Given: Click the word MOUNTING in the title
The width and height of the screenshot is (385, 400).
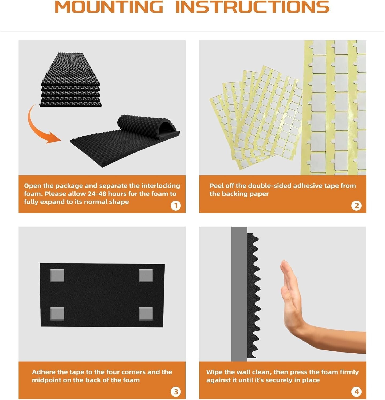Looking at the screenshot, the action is (109, 7).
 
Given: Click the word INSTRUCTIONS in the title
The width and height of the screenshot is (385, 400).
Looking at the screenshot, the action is (253, 7).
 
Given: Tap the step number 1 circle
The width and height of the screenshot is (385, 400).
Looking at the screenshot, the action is (176, 206).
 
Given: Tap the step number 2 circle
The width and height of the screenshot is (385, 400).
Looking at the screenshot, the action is (356, 206).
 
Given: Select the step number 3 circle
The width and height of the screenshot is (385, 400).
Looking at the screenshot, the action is (176, 392).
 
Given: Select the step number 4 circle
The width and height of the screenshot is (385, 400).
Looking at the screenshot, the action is (356, 392).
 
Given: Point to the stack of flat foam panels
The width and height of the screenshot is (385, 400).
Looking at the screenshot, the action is (71, 80).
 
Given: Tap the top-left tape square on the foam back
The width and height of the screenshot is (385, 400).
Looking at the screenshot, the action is (57, 276).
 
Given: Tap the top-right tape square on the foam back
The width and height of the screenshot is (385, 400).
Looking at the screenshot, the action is (146, 276).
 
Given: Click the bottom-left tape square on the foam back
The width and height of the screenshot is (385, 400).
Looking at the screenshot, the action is (57, 314).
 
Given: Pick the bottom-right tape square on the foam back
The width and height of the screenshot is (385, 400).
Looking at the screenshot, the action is (146, 314).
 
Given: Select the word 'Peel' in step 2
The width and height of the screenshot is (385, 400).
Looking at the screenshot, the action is (216, 186).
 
